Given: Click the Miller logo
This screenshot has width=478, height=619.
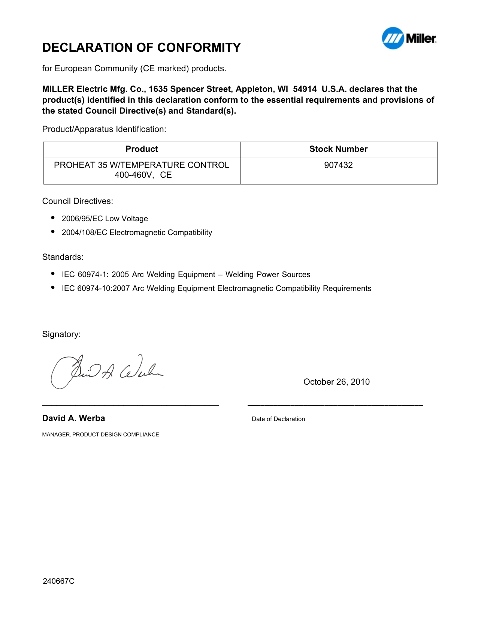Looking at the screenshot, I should [409, 38].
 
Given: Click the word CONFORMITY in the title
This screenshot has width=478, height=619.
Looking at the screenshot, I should [199, 48].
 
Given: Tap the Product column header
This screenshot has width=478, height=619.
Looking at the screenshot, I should [142, 149].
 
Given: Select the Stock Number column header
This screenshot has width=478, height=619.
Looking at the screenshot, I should [338, 149].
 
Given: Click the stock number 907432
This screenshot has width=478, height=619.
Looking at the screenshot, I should [338, 165].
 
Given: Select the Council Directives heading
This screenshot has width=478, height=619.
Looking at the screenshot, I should [78, 201].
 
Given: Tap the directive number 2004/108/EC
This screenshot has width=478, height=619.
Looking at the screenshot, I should [84, 233].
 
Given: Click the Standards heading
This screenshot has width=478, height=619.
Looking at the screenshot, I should [63, 257].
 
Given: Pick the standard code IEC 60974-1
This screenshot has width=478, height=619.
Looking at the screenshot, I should [85, 275].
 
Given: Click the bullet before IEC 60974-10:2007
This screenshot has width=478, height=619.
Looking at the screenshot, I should [53, 288].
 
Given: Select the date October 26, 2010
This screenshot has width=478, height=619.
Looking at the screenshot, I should [336, 382].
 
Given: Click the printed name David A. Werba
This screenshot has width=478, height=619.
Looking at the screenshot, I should [73, 418].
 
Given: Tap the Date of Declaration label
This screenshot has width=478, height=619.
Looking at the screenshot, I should [278, 419].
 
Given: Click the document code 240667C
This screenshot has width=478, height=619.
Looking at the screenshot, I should [58, 582].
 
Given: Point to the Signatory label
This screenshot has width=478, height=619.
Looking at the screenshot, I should [61, 334].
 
